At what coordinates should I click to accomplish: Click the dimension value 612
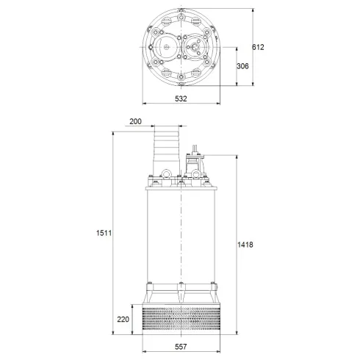tap(258, 47)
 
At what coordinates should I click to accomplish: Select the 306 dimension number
tap(244, 65)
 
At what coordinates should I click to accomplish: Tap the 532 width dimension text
tap(179, 98)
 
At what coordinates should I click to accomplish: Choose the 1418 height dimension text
tap(246, 245)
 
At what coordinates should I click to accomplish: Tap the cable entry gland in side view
tap(196, 158)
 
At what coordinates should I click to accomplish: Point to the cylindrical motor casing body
tap(180, 235)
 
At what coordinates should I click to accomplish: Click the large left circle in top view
tap(166, 49)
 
